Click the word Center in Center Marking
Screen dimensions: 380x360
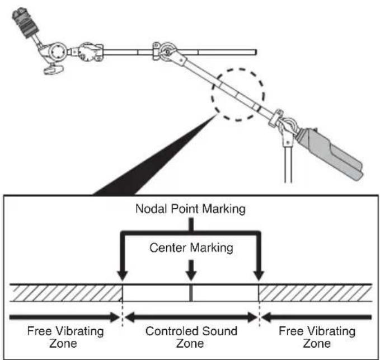168,248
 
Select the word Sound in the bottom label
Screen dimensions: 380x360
220,331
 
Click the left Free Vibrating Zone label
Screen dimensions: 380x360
65,337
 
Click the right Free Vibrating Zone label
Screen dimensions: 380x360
317,337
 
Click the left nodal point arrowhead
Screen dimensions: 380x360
123,275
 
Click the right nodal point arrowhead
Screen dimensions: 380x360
259,275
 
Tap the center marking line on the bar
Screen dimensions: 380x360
191,293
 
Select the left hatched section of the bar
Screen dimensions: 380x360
66,293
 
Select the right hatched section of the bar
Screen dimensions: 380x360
315,293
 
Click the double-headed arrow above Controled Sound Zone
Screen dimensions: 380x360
191,317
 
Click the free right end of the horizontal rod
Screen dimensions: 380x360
255,52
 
